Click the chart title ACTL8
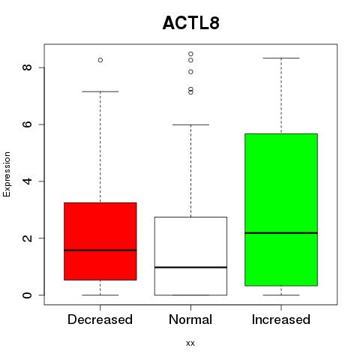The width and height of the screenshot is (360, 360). coord(191,22)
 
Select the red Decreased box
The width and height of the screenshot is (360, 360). coord(100,241)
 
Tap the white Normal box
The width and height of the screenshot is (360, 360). coord(190,256)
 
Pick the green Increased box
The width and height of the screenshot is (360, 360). coord(281,209)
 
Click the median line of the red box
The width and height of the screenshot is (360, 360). coord(100,250)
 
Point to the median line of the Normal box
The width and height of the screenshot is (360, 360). coord(190,267)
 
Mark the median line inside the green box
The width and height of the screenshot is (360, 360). coord(281,233)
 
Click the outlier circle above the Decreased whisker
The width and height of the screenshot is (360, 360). coord(100,60)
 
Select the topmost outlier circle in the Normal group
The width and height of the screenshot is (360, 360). coord(190,54)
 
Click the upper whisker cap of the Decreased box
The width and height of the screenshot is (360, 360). coord(100,91)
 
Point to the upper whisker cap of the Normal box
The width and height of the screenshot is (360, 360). coord(190,124)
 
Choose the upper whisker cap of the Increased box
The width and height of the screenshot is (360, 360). coord(281,58)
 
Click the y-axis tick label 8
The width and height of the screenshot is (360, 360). coord(27,67)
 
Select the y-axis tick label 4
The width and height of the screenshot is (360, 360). coord(27,181)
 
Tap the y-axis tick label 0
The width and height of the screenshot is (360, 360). coord(27,295)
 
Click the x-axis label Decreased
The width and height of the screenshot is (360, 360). coord(100,319)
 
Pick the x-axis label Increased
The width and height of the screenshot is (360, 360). coord(281,319)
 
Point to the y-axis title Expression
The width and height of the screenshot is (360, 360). coord(7,174)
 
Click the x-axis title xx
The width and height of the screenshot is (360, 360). coord(190,343)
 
